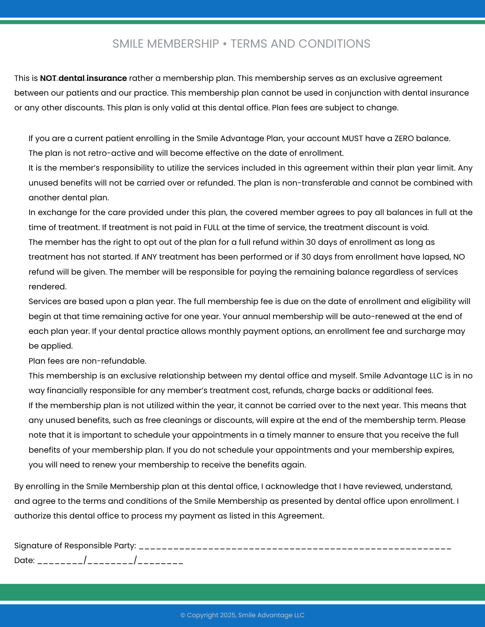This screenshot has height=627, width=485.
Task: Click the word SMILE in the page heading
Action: (127, 44)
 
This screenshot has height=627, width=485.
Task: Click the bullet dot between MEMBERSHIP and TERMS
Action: (224, 44)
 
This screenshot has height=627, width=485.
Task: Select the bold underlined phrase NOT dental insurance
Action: (83, 78)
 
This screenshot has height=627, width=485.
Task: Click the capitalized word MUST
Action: (352, 138)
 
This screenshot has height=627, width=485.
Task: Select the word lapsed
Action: (437, 257)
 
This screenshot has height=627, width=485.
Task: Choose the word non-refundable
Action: (114, 361)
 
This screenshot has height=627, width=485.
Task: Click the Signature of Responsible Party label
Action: (75, 545)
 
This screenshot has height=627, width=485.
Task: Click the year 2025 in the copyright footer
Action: (228, 615)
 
